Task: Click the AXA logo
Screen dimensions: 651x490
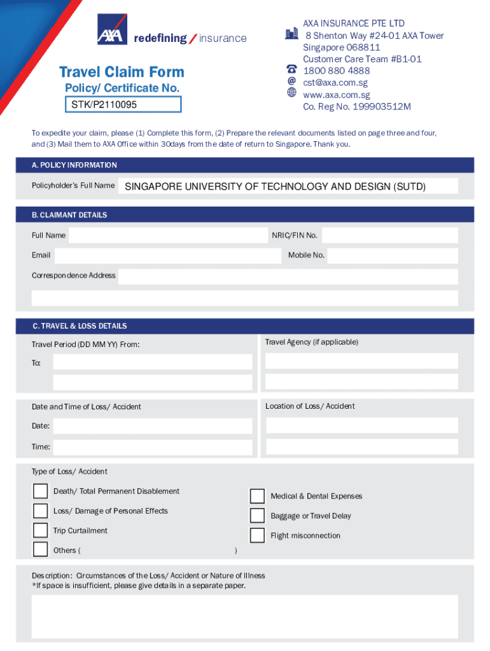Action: coord(109,29)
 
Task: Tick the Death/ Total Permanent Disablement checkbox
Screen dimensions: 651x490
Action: coord(40,491)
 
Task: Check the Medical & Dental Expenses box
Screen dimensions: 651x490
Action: coord(257,496)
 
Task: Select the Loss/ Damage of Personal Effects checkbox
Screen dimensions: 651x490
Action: coord(40,511)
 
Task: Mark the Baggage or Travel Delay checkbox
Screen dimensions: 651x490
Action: coord(257,516)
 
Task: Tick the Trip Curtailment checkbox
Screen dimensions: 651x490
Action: coord(40,531)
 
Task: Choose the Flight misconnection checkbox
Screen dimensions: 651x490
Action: coord(257,535)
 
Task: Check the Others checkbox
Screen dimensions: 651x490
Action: coord(40,550)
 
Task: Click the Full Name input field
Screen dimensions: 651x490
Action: coord(168,235)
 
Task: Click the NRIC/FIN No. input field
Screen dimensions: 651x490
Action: coord(389,235)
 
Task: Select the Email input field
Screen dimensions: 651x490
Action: coord(167,256)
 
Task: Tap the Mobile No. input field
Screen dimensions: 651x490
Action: coord(392,256)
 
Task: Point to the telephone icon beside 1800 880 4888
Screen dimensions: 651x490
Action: coord(291,69)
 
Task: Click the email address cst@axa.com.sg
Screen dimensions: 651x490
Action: coord(335,83)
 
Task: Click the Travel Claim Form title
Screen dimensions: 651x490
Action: coord(122,72)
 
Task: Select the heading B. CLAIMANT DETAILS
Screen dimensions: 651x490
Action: coord(69,215)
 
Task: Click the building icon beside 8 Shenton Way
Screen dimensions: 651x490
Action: coord(291,34)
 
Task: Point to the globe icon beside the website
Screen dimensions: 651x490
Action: coord(291,93)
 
